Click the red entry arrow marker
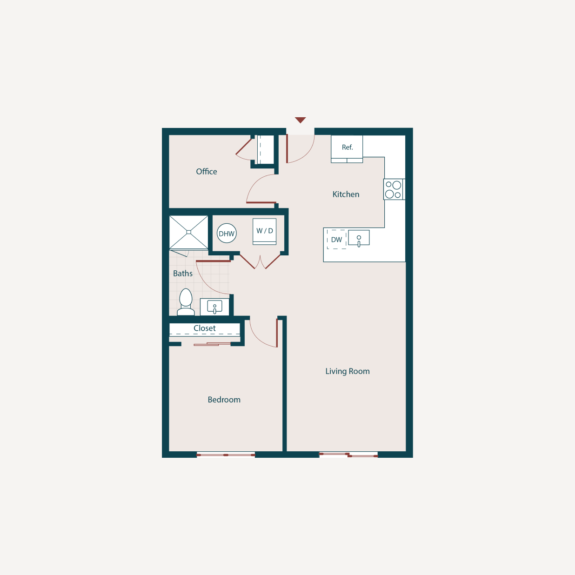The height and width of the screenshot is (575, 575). [301, 120]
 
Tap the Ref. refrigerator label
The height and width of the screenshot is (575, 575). [347, 147]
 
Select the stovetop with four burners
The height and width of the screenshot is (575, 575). [394, 189]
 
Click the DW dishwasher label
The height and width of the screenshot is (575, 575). [336, 240]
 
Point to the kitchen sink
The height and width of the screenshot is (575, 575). [359, 238]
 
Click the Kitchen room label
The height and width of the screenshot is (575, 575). [346, 194]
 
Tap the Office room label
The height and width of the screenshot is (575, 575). [207, 172]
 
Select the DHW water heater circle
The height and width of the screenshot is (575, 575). [227, 234]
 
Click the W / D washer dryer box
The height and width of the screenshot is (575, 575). [265, 231]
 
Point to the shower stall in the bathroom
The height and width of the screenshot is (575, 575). [189, 232]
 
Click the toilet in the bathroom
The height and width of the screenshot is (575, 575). [186, 301]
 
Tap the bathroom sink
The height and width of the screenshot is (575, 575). [214, 307]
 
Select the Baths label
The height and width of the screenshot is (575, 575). [183, 274]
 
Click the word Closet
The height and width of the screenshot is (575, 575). [205, 328]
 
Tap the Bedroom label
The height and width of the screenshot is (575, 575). [224, 400]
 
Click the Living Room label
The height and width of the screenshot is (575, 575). [348, 371]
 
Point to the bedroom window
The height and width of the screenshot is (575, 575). [226, 455]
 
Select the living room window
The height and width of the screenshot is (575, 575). [348, 455]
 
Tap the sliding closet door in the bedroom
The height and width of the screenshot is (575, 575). [212, 344]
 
